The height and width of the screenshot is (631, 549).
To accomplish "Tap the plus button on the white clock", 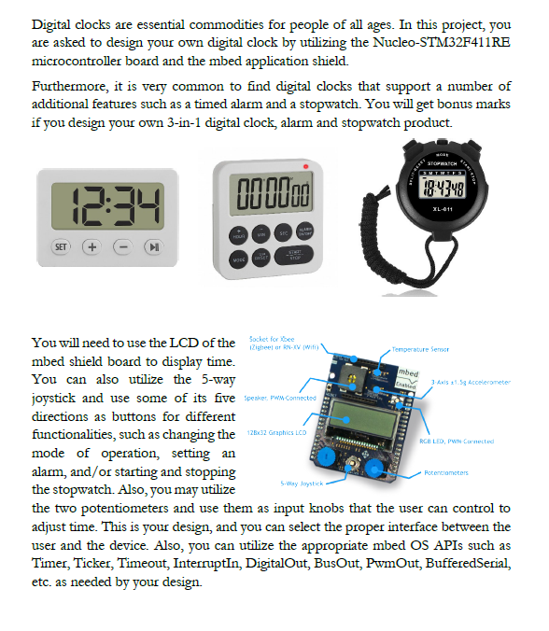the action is [91, 247].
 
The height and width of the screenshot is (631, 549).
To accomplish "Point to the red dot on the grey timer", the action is [304, 166].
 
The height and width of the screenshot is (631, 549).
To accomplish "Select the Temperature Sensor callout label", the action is [421, 349].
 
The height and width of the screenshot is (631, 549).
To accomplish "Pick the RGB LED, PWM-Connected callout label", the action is [457, 441].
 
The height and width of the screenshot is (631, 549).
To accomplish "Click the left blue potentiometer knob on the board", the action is [326, 461].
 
